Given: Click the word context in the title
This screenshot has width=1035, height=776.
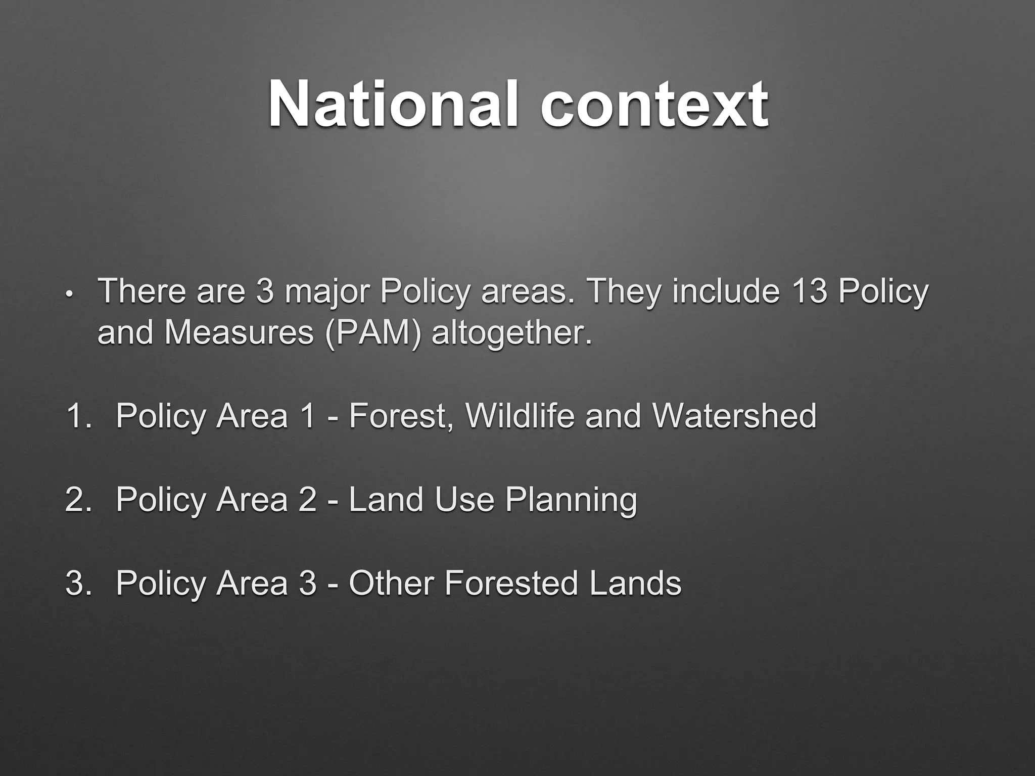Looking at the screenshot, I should (x=654, y=105).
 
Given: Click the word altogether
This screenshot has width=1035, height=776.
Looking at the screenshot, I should (x=511, y=334).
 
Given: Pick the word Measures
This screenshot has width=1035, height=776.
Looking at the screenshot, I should (x=239, y=333).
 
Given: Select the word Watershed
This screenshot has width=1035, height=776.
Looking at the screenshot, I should (x=734, y=416).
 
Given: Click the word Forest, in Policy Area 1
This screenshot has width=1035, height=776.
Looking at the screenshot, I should (x=401, y=416).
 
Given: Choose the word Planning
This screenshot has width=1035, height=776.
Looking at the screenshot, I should (x=571, y=501).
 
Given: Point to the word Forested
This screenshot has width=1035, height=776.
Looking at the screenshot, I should (x=511, y=583).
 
